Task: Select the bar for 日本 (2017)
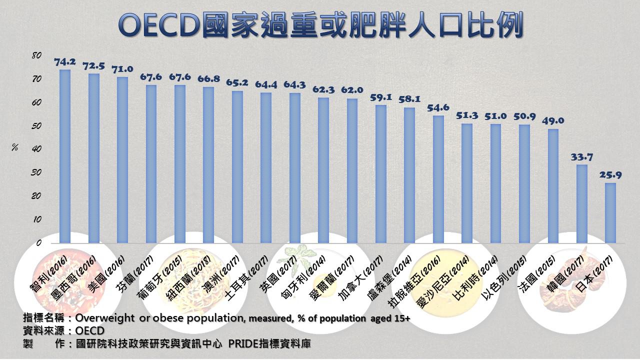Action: coord(610,213)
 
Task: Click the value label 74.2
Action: coord(64,62)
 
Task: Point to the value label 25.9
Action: coord(610,175)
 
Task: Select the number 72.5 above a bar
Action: coord(93,66)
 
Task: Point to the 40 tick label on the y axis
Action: coord(36,149)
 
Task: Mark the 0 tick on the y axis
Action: coord(38,243)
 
